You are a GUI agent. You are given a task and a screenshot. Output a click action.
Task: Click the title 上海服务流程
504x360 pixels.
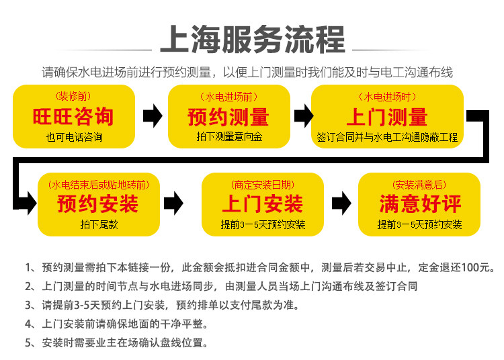click(252, 40)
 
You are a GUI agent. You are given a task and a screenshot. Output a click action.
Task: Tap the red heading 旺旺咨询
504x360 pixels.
click(74, 117)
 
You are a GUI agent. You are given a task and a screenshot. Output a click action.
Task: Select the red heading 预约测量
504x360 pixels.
click(228, 117)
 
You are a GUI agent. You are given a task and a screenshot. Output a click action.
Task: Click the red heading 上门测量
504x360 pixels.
click(386, 117)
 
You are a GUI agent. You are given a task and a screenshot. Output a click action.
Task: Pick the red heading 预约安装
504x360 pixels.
click(98, 204)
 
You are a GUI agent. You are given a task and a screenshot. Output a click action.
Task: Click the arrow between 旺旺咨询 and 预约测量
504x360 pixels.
click(153, 116)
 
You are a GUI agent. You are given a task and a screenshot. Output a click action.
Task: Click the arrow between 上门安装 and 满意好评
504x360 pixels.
click(341, 201)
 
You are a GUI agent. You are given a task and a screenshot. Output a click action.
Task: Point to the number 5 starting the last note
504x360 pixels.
click(28, 343)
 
